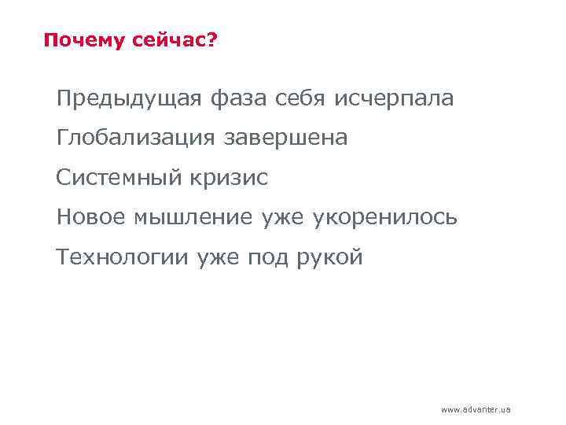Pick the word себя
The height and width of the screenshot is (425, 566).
point(301,100)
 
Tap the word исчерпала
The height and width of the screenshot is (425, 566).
point(394,100)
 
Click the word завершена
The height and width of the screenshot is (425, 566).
point(286,139)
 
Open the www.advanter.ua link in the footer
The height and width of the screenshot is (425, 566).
point(476,410)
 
